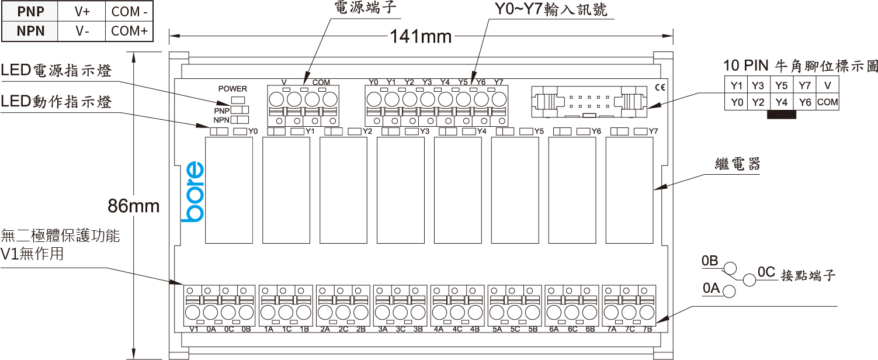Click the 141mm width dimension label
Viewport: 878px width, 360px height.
421,37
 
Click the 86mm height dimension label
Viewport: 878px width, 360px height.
134,206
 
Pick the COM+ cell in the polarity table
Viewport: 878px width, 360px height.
129,31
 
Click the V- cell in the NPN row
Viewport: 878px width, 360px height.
82,31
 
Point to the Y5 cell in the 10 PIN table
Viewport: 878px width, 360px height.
782,85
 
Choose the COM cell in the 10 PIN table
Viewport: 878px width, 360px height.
827,102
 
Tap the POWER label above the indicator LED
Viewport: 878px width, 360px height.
232,89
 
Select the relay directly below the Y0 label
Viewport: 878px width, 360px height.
229,191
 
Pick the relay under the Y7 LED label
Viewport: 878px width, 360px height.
629,191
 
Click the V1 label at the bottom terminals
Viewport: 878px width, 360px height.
195,330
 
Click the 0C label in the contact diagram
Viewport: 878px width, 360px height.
766,272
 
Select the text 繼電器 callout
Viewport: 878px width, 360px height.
738,164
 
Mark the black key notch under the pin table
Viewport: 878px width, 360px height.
782,115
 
